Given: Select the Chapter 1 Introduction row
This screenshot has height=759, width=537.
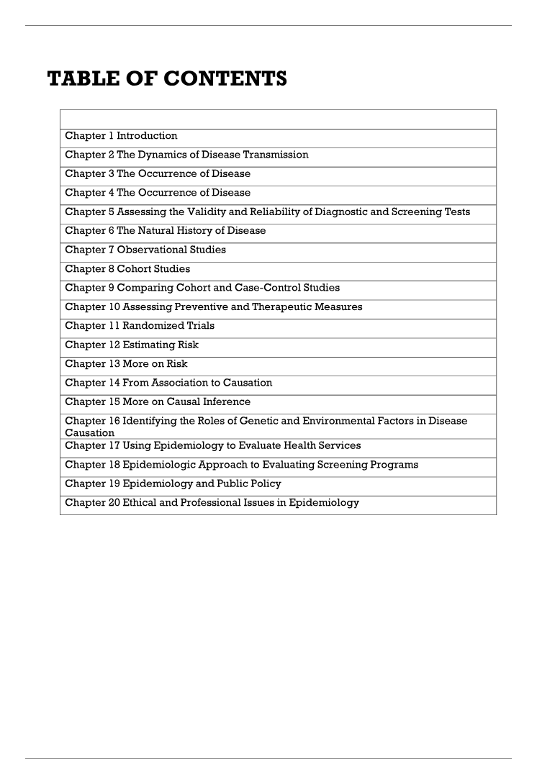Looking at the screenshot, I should tap(121, 136).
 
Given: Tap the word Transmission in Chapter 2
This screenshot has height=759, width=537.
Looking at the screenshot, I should tap(274, 155).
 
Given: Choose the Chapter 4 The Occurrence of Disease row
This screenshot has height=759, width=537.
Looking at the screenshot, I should tap(158, 193).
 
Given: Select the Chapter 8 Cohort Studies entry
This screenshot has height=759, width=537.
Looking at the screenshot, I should tap(127, 269).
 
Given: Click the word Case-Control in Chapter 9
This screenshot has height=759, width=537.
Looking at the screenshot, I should tap(263, 288).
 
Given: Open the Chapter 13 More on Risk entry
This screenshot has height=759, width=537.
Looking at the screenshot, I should tap(126, 364).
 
